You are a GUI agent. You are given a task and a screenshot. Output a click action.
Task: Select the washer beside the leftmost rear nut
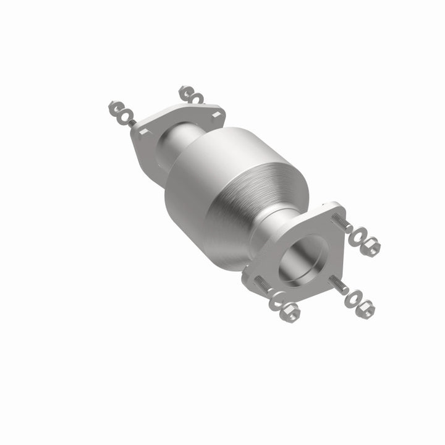tap(125, 116)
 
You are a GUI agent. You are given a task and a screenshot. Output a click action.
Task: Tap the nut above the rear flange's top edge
tap(186, 92)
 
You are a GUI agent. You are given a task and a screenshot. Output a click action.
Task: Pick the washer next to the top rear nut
tap(197, 98)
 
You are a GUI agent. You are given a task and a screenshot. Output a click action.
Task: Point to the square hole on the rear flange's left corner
tap(142, 132)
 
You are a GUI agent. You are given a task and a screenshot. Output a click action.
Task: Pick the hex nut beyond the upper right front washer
tap(371, 247)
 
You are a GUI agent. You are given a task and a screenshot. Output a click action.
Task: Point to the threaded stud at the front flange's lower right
tap(339, 285)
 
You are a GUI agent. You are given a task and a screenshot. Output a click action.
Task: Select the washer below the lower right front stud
tap(353, 297)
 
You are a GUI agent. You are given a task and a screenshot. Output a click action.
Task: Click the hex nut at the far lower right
tap(367, 307)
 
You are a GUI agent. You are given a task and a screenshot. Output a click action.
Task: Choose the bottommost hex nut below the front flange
tap(290, 312)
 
